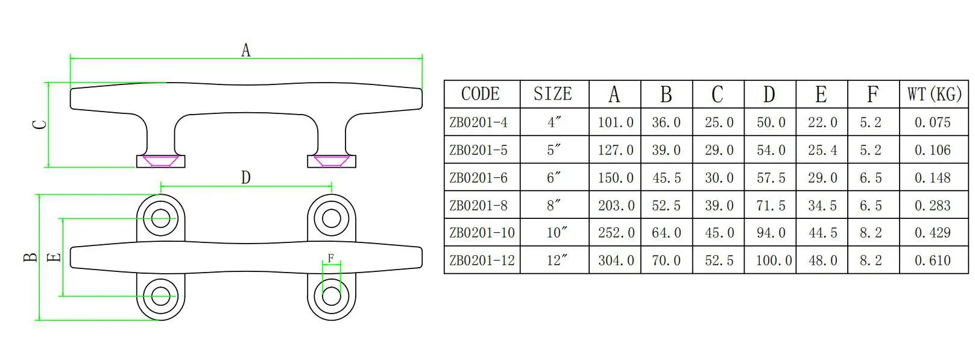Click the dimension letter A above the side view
245,50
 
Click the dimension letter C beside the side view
39,125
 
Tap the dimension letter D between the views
245,177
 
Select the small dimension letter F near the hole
330,258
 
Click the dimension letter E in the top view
54,257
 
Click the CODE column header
481,94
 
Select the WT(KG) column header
934,94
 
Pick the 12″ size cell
554,261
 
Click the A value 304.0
616,261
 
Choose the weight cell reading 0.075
932,122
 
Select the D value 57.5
771,178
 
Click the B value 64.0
666,233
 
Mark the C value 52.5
719,261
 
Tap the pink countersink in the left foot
160,161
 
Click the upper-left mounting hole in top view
160,218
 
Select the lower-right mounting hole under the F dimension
331,296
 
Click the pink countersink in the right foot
331,161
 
